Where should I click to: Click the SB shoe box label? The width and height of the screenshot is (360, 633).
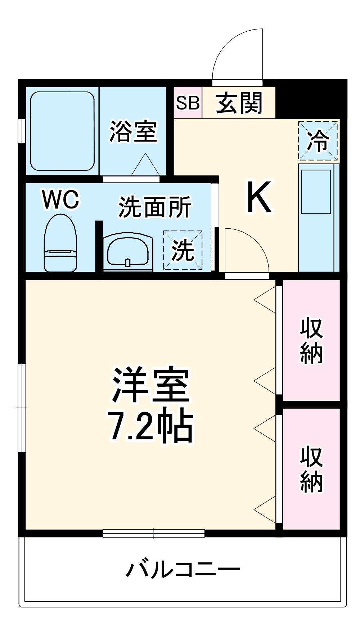point(188,103)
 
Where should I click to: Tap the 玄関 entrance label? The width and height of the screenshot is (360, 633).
point(239,103)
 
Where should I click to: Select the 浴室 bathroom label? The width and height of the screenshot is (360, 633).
point(133,131)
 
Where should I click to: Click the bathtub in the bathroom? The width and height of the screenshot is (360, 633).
point(62,131)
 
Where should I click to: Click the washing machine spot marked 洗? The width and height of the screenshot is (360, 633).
point(183,250)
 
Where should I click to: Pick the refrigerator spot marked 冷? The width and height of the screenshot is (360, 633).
point(318,140)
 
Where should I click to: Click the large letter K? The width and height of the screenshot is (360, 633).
point(258,197)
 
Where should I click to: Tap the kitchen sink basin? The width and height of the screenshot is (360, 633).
point(316,192)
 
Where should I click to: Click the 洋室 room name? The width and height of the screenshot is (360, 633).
point(151,385)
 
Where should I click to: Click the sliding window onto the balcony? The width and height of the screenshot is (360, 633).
point(154,533)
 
